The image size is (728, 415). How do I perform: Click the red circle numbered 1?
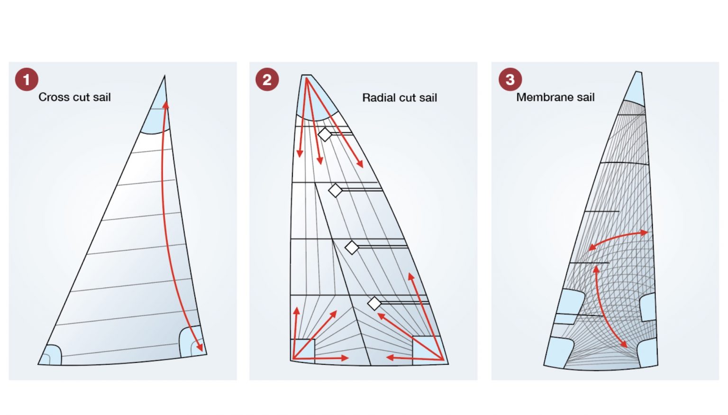[x=27, y=79]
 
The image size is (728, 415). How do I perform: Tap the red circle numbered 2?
[x=267, y=79]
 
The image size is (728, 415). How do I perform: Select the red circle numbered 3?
[x=510, y=79]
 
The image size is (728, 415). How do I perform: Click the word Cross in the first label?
[x=54, y=97]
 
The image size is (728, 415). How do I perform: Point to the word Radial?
[x=378, y=98]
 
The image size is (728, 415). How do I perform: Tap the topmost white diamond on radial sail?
[x=325, y=135]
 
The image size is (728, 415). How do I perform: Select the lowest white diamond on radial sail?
[x=374, y=304]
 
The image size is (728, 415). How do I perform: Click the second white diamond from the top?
[x=336, y=191]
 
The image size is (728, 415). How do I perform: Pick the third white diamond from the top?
[x=352, y=248]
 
